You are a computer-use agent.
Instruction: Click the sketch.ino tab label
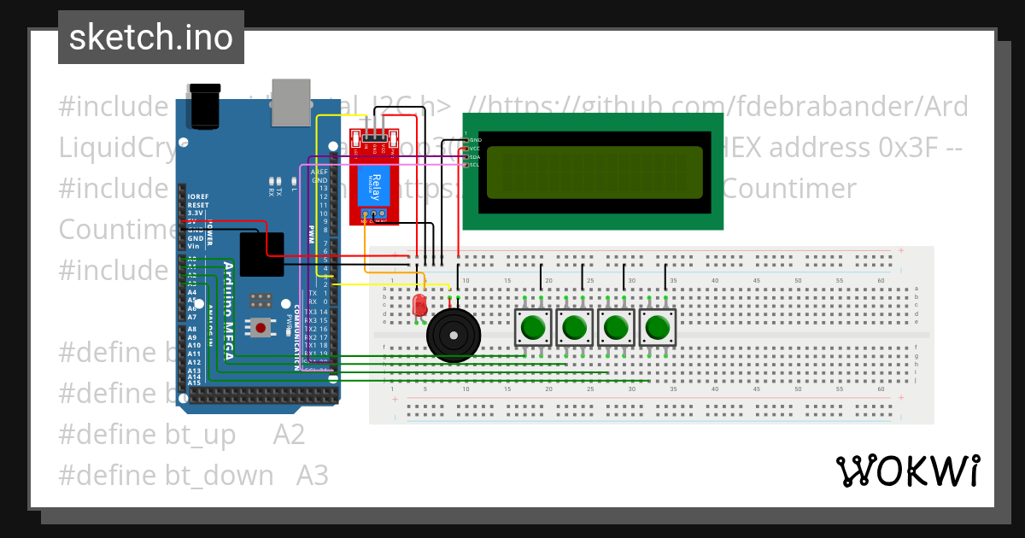tap(150, 38)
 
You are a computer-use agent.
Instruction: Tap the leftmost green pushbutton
tap(534, 328)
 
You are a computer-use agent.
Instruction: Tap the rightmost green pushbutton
tap(657, 328)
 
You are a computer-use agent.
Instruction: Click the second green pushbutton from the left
tap(575, 328)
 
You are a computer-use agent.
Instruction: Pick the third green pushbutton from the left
tap(616, 328)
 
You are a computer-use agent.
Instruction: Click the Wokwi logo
tap(907, 471)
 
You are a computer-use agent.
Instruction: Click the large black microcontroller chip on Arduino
tap(261, 254)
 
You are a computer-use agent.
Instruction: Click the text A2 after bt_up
tap(289, 436)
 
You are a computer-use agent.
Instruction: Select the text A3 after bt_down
tap(312, 476)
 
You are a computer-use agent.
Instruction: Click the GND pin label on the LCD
tap(476, 139)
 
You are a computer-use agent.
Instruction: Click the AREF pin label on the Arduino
tap(319, 172)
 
